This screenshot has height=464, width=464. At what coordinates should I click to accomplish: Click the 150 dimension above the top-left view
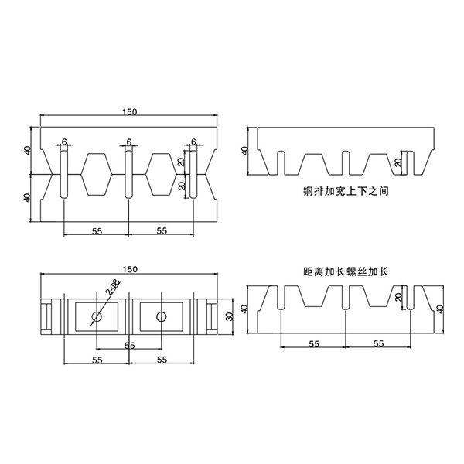(x=129, y=112)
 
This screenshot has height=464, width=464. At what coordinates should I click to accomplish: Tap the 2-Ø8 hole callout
(x=114, y=291)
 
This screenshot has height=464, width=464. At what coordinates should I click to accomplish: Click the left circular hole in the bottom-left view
(x=97, y=316)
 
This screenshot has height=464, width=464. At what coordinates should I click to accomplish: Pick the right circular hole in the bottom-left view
(x=161, y=316)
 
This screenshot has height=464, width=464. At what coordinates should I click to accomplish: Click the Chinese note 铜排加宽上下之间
(x=346, y=189)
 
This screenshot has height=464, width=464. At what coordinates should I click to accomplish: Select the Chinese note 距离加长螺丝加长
(x=346, y=271)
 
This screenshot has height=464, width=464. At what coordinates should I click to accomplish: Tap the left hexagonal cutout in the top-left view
(x=97, y=174)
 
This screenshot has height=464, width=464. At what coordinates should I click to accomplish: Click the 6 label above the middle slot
(x=129, y=142)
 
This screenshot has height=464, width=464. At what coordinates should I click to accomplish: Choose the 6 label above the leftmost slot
(x=64, y=142)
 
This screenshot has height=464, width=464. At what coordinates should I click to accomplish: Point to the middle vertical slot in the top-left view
(x=129, y=174)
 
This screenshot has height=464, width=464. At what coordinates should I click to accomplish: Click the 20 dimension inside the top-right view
(x=398, y=162)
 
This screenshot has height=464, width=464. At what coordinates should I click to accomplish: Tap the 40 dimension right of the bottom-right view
(x=440, y=309)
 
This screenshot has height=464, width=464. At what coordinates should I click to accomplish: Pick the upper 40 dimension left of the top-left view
(x=29, y=150)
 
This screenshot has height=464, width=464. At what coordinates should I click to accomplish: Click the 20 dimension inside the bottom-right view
(x=398, y=298)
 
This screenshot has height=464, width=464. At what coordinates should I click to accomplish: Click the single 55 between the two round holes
(x=129, y=344)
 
